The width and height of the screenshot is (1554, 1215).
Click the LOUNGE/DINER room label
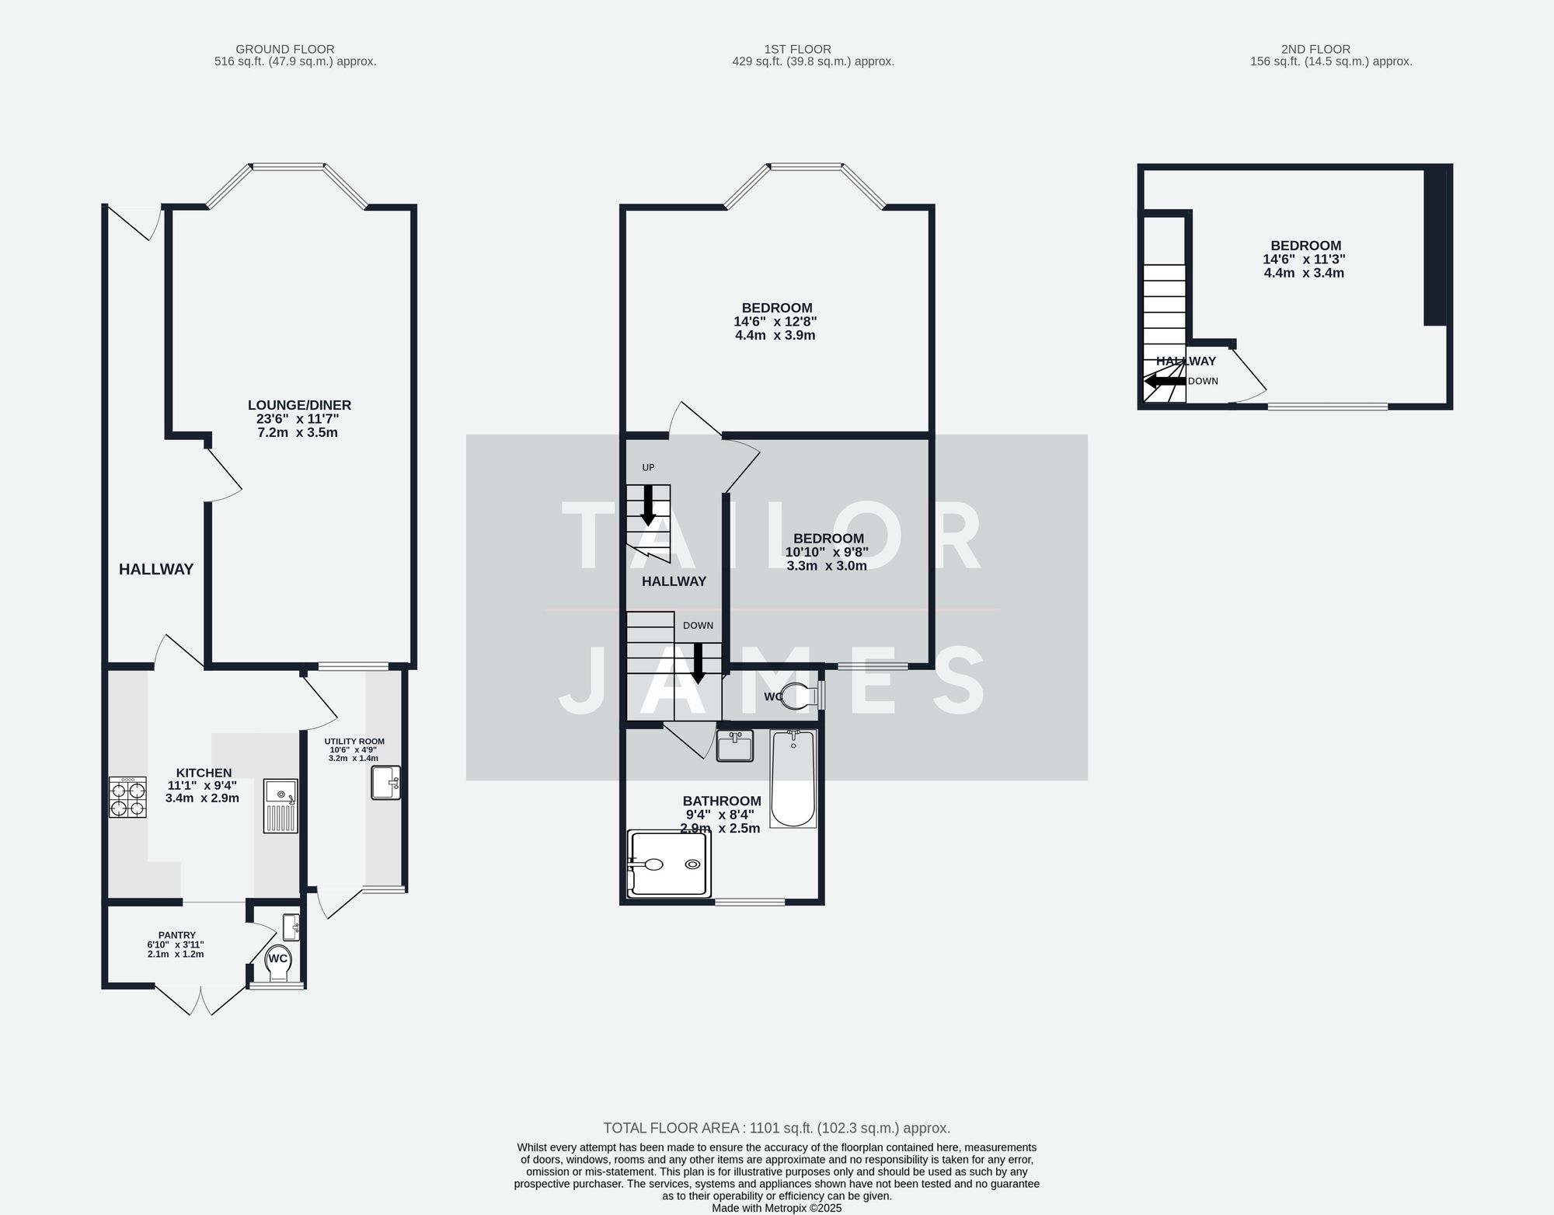(299, 405)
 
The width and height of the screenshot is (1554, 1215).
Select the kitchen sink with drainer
(280, 806)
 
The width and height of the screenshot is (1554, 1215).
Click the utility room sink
(385, 783)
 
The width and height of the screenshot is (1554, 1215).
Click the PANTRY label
(176, 935)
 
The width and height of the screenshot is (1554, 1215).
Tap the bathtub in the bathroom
(793, 779)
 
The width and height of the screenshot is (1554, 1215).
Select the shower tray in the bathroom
(669, 864)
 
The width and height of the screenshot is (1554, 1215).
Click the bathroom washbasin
(734, 746)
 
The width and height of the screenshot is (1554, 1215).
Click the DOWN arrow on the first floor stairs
(699, 663)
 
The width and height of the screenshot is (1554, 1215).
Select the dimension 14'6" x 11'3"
(1304, 260)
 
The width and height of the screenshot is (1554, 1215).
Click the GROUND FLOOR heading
(285, 49)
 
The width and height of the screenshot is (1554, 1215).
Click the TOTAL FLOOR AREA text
(776, 1128)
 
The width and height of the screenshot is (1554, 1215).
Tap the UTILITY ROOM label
(354, 742)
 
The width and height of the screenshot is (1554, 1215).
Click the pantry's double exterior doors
(201, 1000)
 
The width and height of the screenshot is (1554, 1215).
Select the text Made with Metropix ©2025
(776, 1208)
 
